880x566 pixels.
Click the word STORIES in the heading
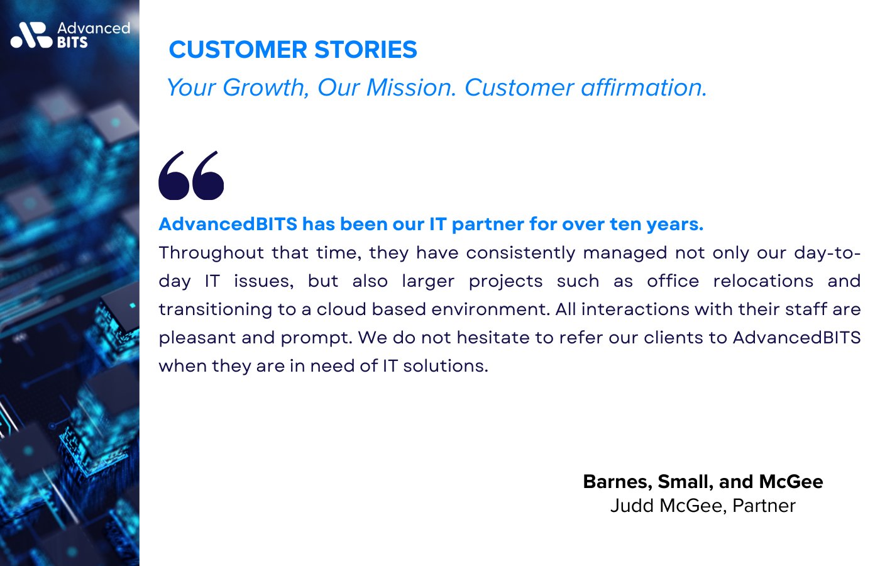(366, 50)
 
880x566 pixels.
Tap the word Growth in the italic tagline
(266, 88)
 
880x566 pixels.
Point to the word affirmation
(644, 87)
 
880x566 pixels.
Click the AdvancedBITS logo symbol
(31, 35)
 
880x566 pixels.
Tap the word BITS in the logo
(73, 43)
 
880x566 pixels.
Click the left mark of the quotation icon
(174, 175)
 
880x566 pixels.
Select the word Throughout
(211, 253)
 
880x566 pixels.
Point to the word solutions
(446, 366)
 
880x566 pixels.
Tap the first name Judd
(632, 506)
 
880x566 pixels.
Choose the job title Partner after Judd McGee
(764, 506)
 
